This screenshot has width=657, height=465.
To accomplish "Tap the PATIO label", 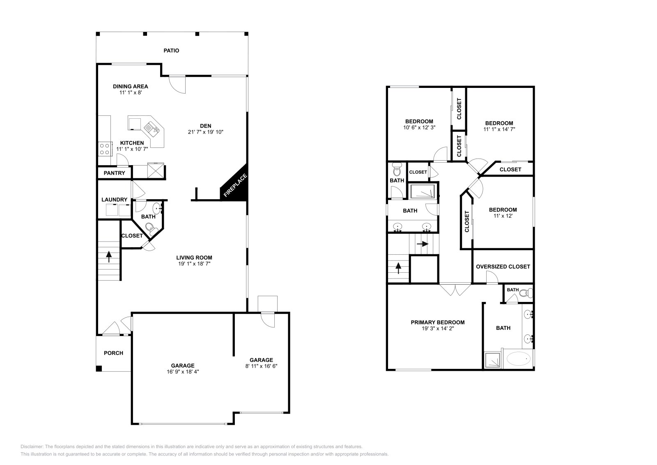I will point(171,51).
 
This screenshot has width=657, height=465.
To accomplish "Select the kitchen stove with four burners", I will point(105,148).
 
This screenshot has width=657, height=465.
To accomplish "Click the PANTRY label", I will point(114,173).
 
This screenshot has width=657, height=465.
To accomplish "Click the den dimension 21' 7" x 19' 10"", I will point(205,132).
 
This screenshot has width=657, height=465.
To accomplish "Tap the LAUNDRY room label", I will point(114,200).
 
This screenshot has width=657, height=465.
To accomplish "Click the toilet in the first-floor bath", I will point(149,227).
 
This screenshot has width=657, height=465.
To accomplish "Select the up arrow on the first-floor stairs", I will point(109,257).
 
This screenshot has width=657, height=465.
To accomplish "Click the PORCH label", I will point(113,353).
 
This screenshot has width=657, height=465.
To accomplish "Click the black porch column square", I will point(99,368).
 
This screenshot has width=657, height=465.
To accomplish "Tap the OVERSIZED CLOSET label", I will point(503,267).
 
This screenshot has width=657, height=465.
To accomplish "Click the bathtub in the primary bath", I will point(518,359).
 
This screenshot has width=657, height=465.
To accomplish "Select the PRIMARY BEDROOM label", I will point(437,322).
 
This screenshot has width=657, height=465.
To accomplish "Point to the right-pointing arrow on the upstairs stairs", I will point(422,244).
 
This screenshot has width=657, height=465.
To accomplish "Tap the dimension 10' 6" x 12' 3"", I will point(419,127).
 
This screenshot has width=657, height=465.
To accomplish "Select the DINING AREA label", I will point(130,86).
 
